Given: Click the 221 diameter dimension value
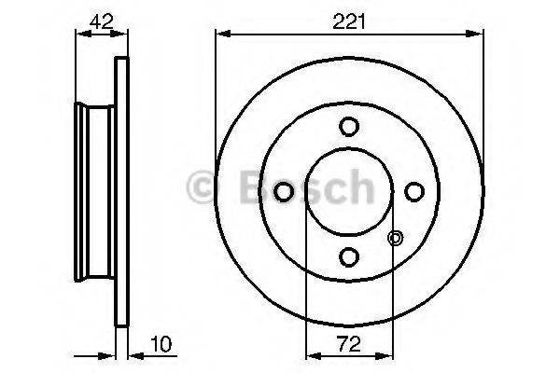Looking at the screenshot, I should pos(350,21).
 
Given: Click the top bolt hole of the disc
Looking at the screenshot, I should pos(350,126).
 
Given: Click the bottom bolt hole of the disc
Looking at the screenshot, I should pos(350,256).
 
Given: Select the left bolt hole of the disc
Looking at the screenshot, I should pos(285,190).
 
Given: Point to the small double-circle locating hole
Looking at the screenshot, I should pos(395,239).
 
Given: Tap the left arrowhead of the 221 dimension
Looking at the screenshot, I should pos(221,35).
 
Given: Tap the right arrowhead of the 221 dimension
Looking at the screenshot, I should pos(480,35).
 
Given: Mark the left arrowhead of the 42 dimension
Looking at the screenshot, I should pos(78,35).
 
